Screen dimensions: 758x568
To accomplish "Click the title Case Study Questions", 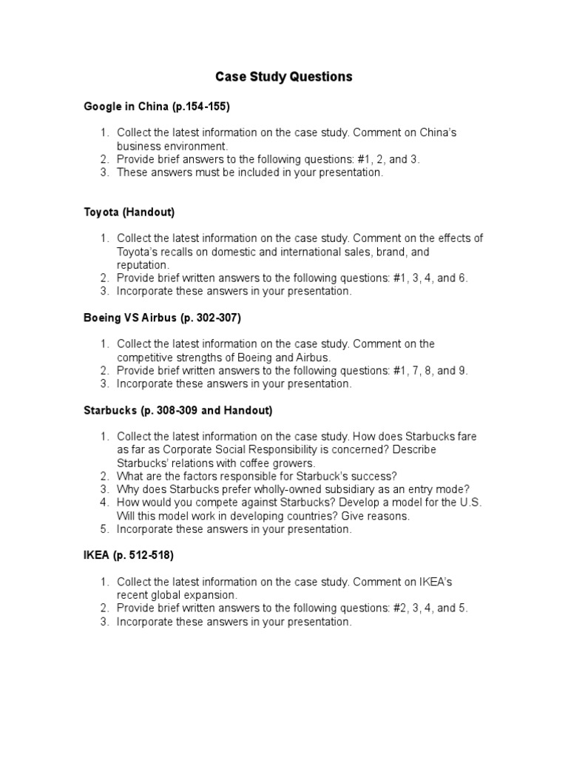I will pos(283,77).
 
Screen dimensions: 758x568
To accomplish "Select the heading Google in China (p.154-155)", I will pos(157,107).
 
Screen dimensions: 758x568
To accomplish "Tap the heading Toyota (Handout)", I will pos(129,212).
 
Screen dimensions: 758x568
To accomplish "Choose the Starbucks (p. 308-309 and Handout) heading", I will pos(177,410).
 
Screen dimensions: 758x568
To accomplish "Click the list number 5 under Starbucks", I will pos(104,529).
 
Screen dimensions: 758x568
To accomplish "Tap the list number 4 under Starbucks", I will pos(104,503).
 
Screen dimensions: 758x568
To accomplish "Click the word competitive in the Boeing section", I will pos(145,358).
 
